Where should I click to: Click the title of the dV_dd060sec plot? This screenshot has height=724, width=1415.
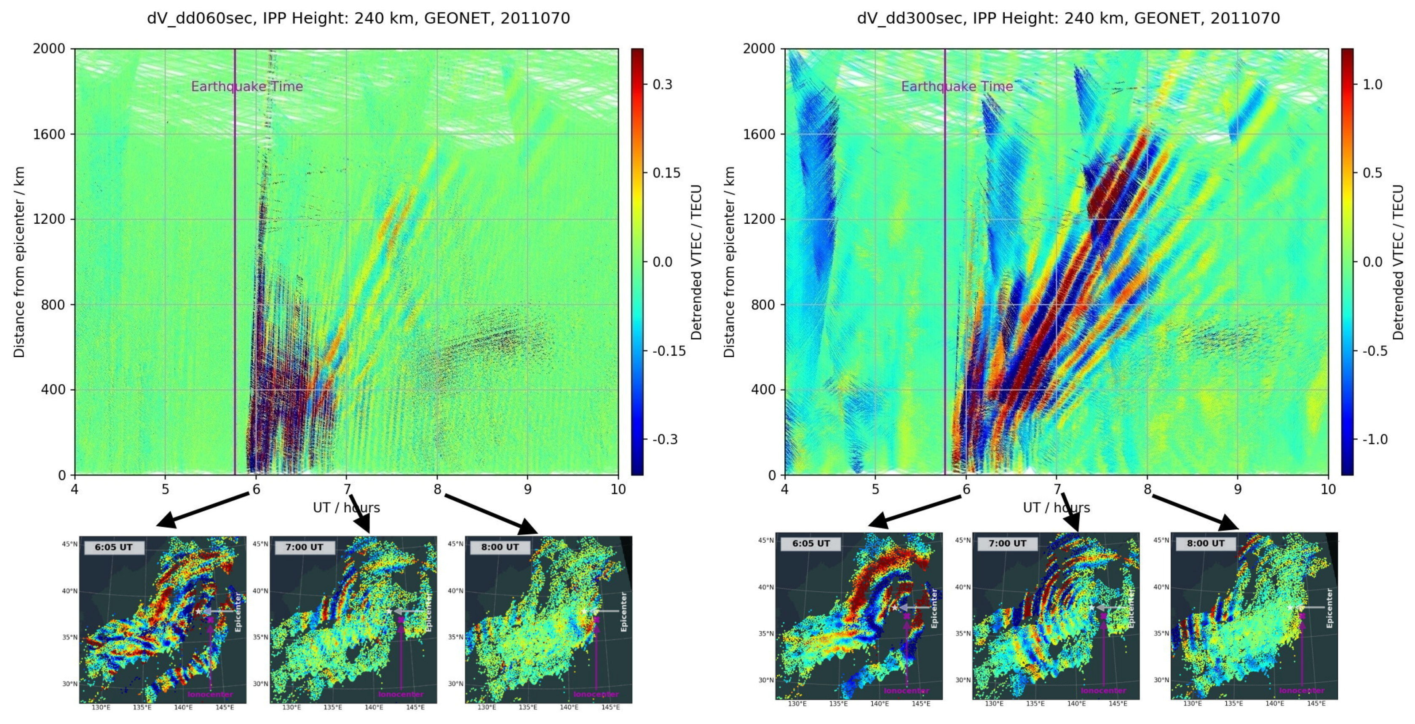(x=358, y=18)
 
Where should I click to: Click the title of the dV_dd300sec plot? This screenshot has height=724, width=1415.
(x=1068, y=18)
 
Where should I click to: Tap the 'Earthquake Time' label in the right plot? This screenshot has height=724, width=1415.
(x=957, y=86)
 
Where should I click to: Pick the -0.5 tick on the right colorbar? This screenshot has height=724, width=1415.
(x=1375, y=351)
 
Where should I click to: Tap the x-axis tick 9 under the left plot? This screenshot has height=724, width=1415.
(x=527, y=489)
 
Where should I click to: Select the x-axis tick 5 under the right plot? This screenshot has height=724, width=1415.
(x=876, y=489)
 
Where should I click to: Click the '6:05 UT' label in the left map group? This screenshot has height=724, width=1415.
(x=114, y=547)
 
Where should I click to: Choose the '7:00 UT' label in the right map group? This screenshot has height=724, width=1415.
(x=1007, y=543)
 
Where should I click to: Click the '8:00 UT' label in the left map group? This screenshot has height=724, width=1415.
(x=500, y=547)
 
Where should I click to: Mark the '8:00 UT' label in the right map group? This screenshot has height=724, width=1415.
(x=1206, y=543)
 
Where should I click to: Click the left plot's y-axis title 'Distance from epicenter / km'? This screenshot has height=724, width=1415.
(x=19, y=262)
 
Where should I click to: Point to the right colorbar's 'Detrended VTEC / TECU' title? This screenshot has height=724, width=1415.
(x=1399, y=262)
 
